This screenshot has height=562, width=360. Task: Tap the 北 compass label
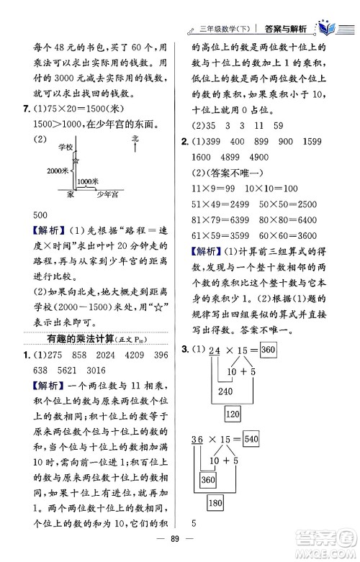point(135,137)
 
